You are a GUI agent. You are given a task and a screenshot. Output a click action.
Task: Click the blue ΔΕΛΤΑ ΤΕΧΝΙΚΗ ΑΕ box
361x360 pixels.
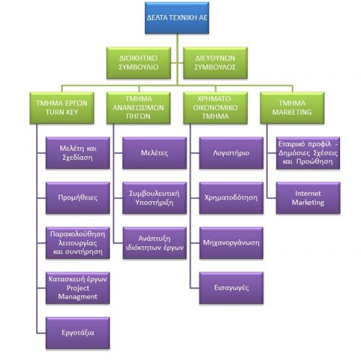coord(177,17)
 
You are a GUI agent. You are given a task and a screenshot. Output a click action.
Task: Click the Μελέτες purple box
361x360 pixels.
coord(153,153)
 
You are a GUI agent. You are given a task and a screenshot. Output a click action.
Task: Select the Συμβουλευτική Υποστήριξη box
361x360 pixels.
coord(153,197)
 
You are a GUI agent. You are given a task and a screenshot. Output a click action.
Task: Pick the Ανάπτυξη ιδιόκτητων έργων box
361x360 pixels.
coord(153,242)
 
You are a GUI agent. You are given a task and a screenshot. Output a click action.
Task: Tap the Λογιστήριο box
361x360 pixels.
coord(231,153)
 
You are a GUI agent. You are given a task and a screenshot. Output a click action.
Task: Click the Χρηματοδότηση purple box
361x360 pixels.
coord(231,197)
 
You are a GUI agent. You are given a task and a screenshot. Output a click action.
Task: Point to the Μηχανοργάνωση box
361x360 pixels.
coord(231,242)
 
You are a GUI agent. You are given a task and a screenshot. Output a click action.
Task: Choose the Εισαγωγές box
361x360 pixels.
coord(231,287)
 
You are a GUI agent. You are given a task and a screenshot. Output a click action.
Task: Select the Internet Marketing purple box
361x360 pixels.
coord(308,197)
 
